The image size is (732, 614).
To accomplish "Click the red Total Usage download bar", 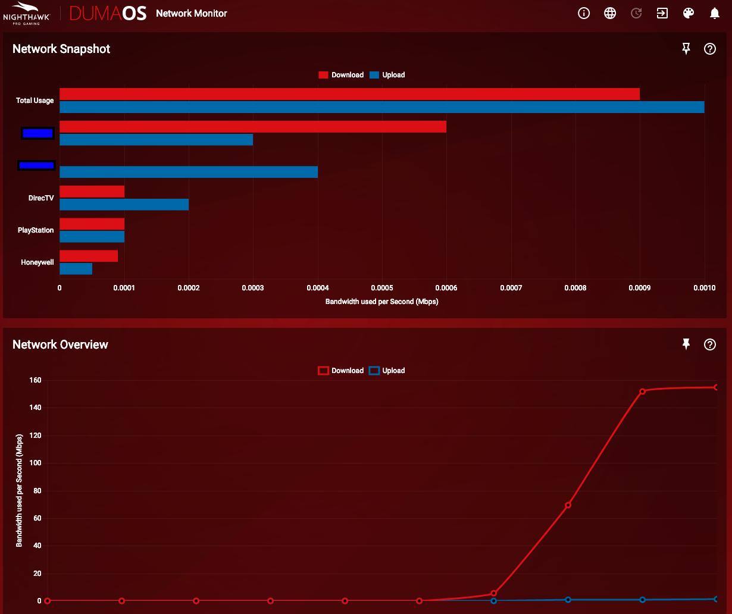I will tap(349, 94).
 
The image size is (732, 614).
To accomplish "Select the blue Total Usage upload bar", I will tap(381, 107).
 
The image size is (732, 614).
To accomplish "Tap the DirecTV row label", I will tap(41, 198).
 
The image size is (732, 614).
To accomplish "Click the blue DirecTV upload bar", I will tap(124, 205).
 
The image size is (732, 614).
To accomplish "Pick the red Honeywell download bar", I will tap(89, 256).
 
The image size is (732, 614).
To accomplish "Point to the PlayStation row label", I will tap(36, 230).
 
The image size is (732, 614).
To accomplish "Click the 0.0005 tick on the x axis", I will tap(381, 288).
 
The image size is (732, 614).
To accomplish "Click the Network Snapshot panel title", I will tap(61, 49).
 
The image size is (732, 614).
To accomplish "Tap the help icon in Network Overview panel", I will tap(709, 344).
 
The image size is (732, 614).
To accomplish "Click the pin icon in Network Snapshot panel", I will tap(686, 49).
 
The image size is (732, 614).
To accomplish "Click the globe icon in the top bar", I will tap(610, 13).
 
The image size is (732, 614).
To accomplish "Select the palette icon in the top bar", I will tap(689, 13).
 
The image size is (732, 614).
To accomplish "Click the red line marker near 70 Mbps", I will tap(568, 505).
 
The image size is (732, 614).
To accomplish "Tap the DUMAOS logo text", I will tap(108, 13).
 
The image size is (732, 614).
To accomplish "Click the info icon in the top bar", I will tap(584, 13).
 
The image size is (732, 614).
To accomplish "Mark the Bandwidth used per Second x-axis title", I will tap(381, 302).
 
